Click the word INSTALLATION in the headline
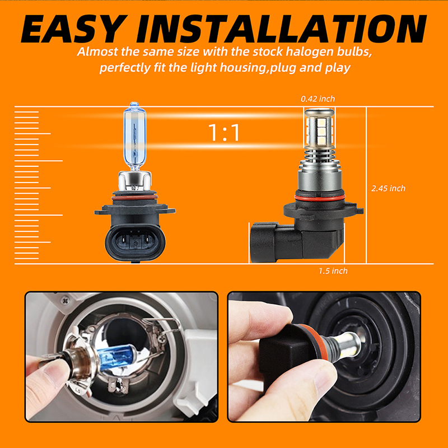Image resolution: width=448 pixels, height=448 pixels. (x=282, y=29)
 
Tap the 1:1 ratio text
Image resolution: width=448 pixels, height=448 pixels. (x=224, y=133)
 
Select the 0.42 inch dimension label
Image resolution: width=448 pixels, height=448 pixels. (x=318, y=99)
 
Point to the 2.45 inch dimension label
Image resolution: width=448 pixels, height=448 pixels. (x=388, y=188)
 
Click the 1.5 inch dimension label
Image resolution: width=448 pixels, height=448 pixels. (x=333, y=271)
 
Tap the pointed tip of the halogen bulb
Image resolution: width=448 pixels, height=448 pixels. (x=134, y=103)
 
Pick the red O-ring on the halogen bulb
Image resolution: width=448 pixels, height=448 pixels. (x=134, y=198)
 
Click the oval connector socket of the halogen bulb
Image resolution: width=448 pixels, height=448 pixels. (x=135, y=242)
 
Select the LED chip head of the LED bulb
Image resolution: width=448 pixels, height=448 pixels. (x=319, y=127)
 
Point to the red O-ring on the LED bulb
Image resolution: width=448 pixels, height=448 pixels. (x=319, y=198)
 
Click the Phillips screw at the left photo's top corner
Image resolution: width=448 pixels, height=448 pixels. (x=66, y=301)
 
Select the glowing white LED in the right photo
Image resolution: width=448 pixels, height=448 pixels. (x=351, y=344)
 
